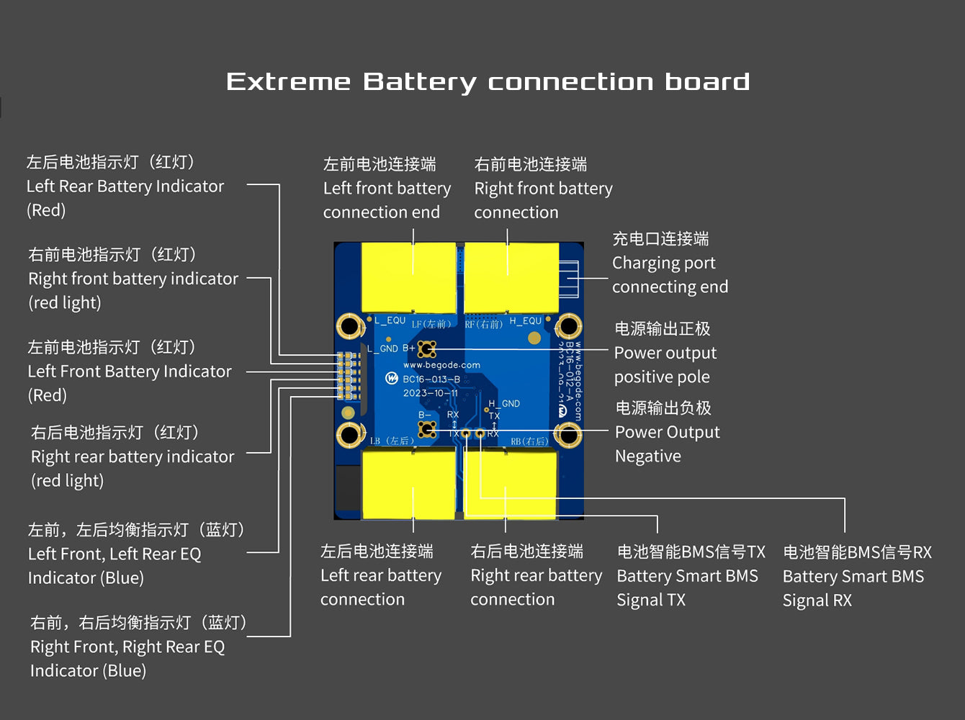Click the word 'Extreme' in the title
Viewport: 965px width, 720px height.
[288, 81]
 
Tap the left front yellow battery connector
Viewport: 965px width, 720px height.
[408, 277]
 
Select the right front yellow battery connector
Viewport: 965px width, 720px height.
[511, 277]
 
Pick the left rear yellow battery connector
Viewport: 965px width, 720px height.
[408, 482]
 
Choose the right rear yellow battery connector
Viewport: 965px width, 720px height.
[511, 482]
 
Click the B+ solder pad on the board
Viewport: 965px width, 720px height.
[427, 349]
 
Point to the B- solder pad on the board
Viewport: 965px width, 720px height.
[427, 430]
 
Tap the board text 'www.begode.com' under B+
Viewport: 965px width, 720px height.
[441, 365]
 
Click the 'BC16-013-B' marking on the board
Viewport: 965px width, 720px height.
[431, 379]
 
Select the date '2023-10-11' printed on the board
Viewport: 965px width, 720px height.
[430, 393]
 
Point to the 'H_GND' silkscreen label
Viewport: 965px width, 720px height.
[504, 404]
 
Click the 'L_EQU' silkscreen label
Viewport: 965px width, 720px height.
[390, 320]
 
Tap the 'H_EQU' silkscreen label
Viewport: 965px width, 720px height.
[525, 321]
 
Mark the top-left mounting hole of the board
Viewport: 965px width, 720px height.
[350, 326]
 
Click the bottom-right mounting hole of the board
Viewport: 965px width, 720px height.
[568, 434]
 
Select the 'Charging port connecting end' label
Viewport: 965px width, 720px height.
[670, 264]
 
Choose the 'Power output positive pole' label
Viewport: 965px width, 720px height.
[665, 353]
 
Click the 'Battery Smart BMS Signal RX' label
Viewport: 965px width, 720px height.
[856, 577]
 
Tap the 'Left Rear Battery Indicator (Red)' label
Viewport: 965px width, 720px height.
[125, 186]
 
